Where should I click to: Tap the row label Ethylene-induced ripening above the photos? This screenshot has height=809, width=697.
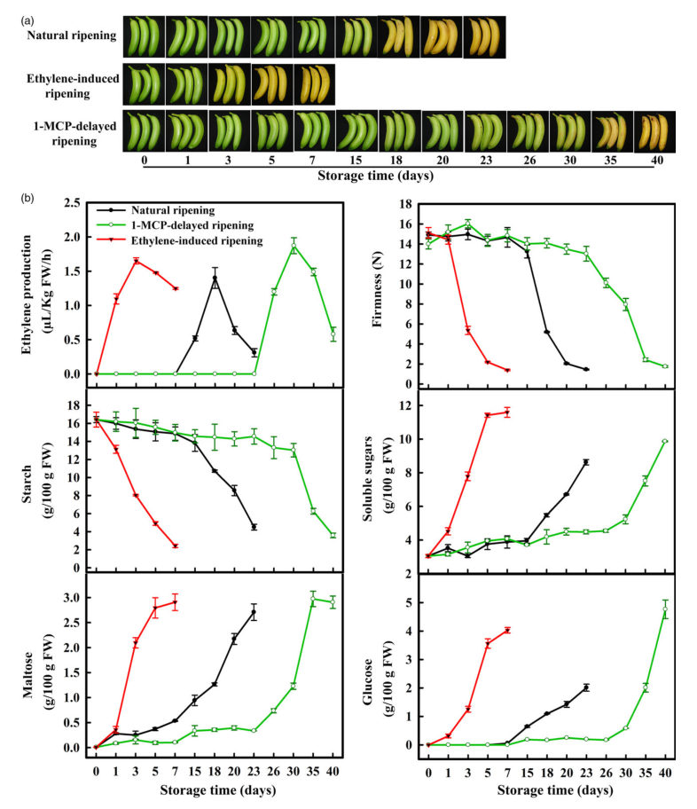72,85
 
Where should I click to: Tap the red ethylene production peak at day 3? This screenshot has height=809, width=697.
136,260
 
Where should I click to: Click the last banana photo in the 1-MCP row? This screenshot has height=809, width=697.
654,132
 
